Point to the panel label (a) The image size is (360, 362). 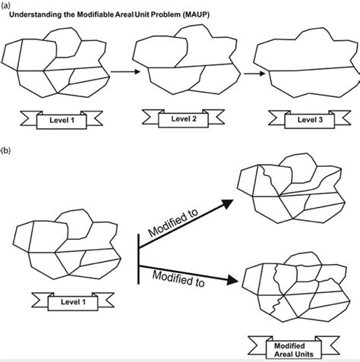[x=5, y=4]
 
